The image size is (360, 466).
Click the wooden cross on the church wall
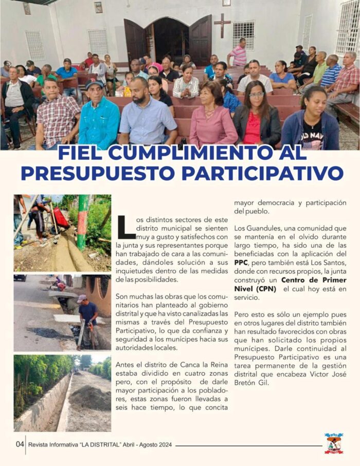click(222, 24)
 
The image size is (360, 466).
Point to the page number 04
click(20, 444)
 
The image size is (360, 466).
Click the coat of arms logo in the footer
click(334, 443)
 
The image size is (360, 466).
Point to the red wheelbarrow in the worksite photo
click(61, 217)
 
